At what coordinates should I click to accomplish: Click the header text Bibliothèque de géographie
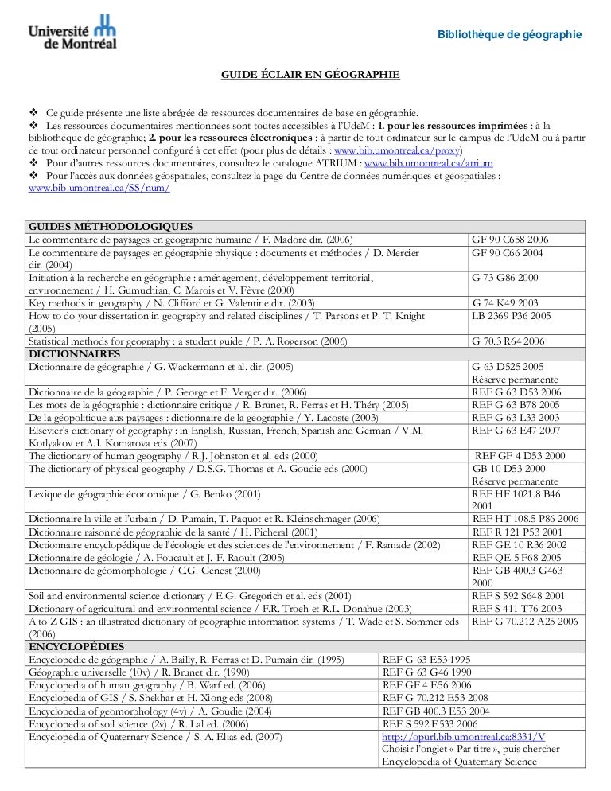click(512, 34)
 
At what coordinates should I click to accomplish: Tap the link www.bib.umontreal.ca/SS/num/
click(99, 189)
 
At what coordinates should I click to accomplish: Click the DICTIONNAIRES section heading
click(74, 353)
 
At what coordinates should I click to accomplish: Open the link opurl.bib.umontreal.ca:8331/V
click(469, 735)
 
